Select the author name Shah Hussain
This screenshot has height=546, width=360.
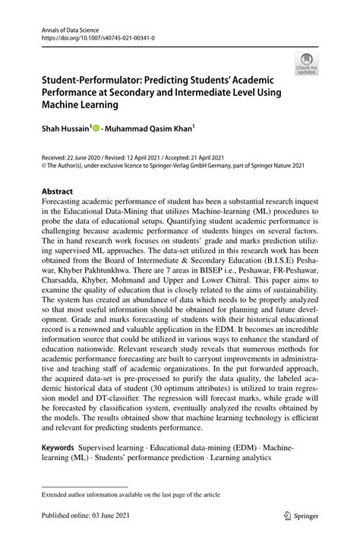click(65, 130)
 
